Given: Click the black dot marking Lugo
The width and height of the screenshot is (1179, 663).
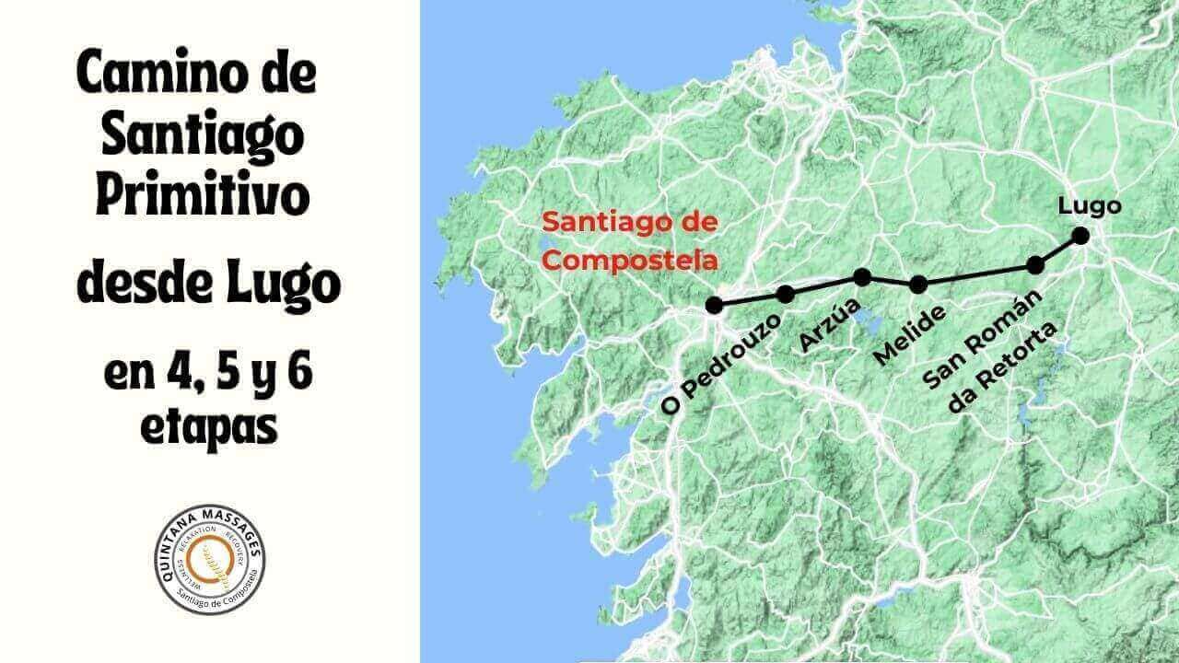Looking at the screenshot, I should click(1080, 236).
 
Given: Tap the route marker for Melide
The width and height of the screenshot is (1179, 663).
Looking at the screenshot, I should click(918, 285).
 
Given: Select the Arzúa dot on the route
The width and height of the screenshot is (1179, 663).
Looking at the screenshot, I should click(862, 276).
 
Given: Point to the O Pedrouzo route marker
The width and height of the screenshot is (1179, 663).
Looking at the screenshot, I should click(786, 295).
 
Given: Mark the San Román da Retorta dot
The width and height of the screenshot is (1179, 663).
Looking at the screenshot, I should click(1035, 265).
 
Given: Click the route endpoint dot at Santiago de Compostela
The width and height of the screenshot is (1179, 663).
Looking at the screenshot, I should click(713, 305).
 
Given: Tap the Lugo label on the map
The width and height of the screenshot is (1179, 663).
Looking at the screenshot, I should click(1090, 205).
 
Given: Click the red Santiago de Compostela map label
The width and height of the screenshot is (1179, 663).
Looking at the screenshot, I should click(630, 241).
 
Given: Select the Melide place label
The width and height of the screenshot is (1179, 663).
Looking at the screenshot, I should click(910, 334).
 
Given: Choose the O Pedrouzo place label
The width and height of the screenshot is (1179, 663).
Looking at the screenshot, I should click(722, 365).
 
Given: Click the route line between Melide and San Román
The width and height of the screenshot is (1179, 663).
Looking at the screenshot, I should click(976, 275).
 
